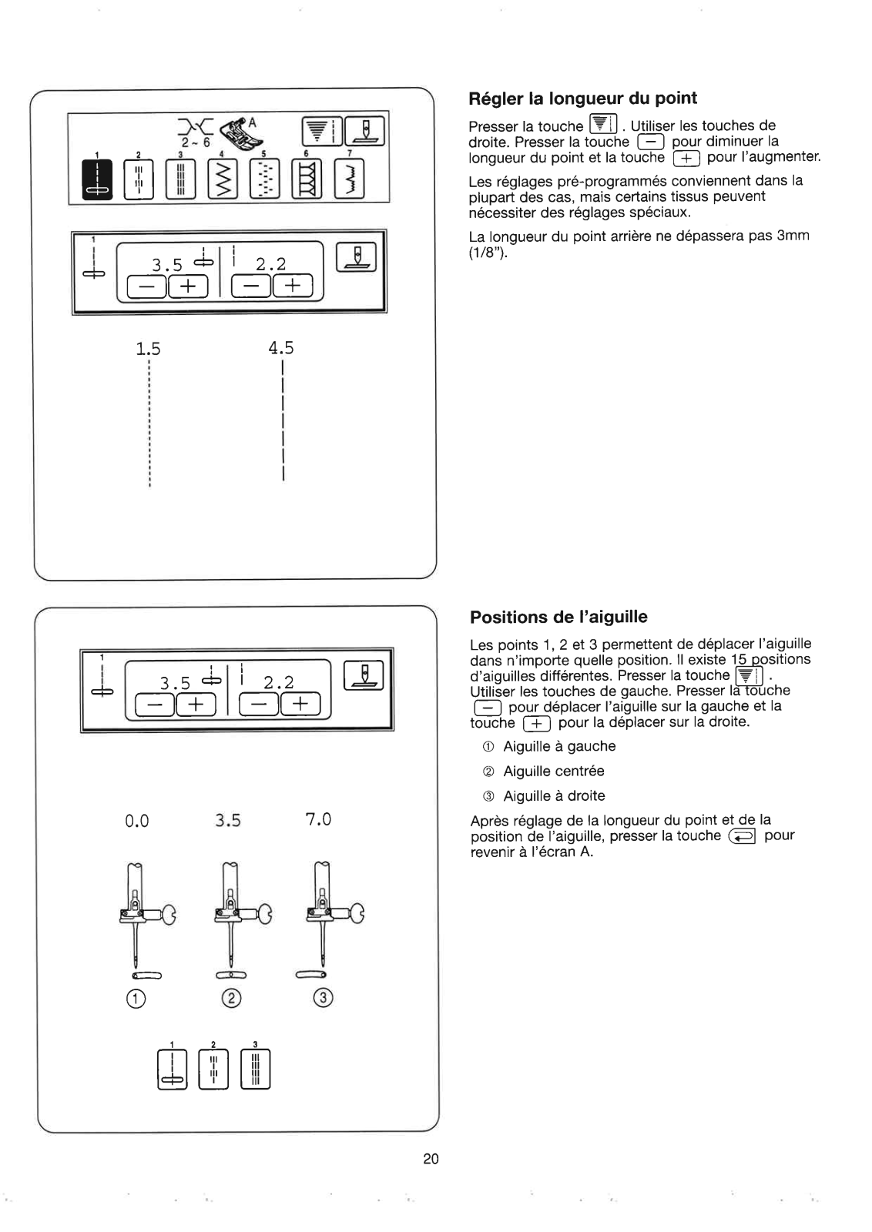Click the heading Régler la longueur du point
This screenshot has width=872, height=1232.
[x=582, y=99]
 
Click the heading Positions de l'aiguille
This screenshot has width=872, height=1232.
[x=558, y=617]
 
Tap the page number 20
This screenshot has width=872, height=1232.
[x=431, y=1158]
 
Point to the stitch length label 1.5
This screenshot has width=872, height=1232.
[x=148, y=349]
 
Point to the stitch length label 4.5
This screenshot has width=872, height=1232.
[x=281, y=348]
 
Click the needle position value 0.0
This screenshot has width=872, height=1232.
[x=136, y=821]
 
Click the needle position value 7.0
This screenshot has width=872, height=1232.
[x=318, y=819]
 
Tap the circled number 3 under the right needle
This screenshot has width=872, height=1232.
[x=323, y=999]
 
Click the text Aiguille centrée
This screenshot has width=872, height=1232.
[x=553, y=771]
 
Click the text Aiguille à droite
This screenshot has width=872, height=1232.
[x=554, y=795]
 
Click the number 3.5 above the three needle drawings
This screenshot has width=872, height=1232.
[x=228, y=821]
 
